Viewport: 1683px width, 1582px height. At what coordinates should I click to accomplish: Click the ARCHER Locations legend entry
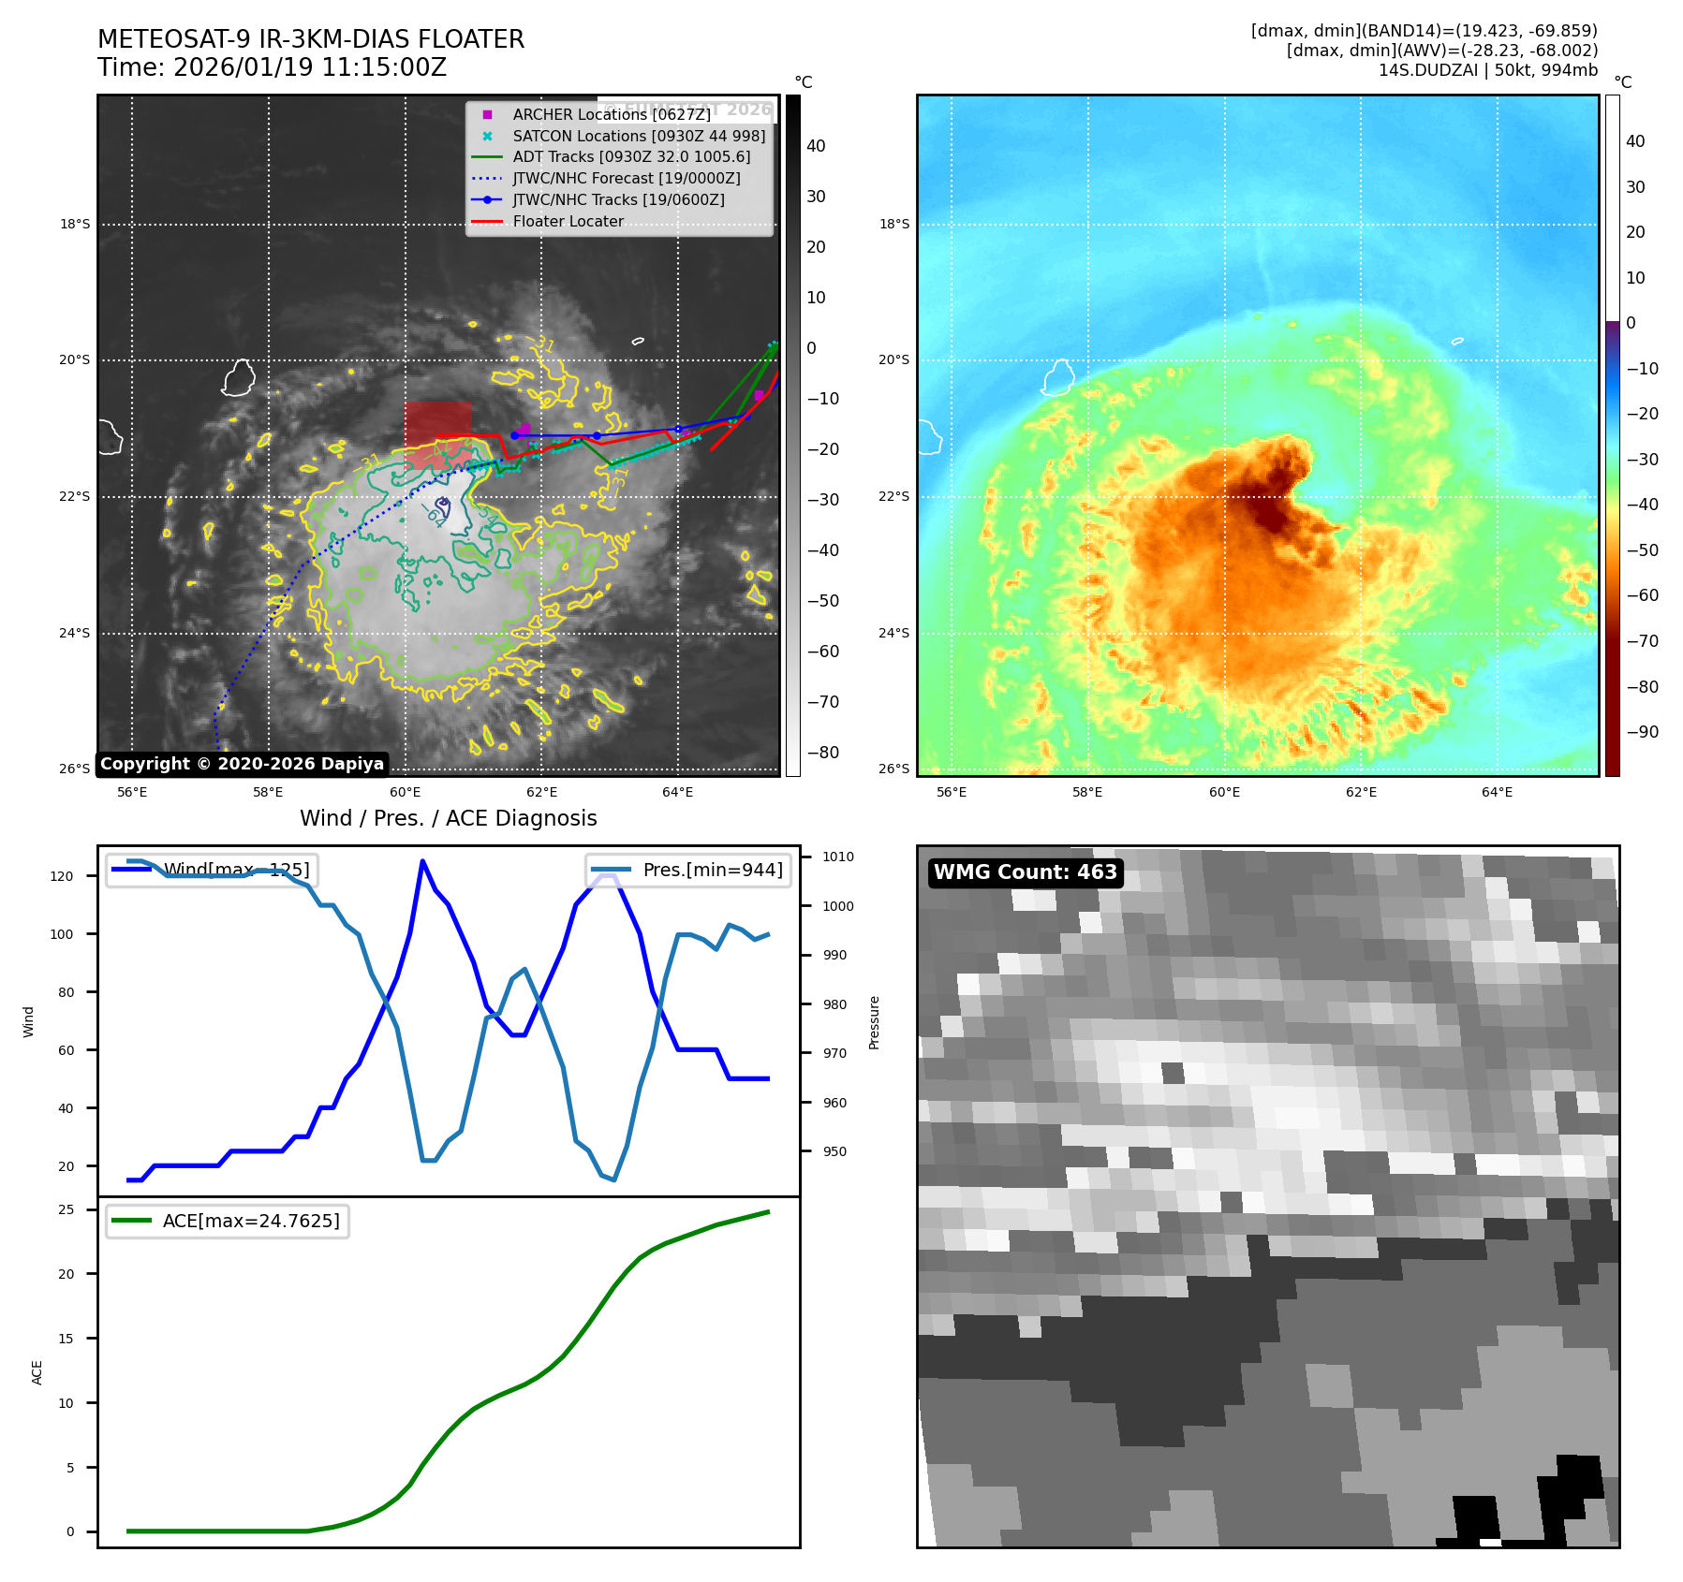(x=611, y=114)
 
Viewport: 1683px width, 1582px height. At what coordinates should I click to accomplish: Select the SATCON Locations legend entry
(x=638, y=136)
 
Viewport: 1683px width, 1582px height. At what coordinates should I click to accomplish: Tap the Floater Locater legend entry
(x=568, y=221)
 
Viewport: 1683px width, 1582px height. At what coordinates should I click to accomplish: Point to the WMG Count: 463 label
(x=1026, y=872)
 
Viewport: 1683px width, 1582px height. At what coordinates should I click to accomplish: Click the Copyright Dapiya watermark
(x=242, y=764)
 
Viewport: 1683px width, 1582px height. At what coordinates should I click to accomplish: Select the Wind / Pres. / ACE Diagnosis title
(x=448, y=818)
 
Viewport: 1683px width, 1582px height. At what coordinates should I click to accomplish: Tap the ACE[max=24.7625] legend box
(x=228, y=1221)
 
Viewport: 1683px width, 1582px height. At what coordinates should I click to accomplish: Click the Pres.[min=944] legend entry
(x=688, y=870)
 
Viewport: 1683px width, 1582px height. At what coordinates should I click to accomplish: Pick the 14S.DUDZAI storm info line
(x=1487, y=70)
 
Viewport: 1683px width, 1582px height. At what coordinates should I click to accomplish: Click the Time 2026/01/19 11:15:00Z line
(x=272, y=67)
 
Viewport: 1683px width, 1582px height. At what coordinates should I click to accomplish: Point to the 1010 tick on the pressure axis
(x=837, y=857)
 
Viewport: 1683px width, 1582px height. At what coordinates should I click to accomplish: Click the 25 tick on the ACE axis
(x=66, y=1209)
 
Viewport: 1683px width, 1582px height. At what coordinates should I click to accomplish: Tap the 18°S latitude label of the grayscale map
(x=75, y=224)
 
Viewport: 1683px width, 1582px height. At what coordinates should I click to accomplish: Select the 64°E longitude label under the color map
(x=1497, y=792)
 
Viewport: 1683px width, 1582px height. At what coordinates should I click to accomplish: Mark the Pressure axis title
(x=874, y=1022)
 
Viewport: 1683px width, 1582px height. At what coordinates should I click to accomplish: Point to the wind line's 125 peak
(x=422, y=860)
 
